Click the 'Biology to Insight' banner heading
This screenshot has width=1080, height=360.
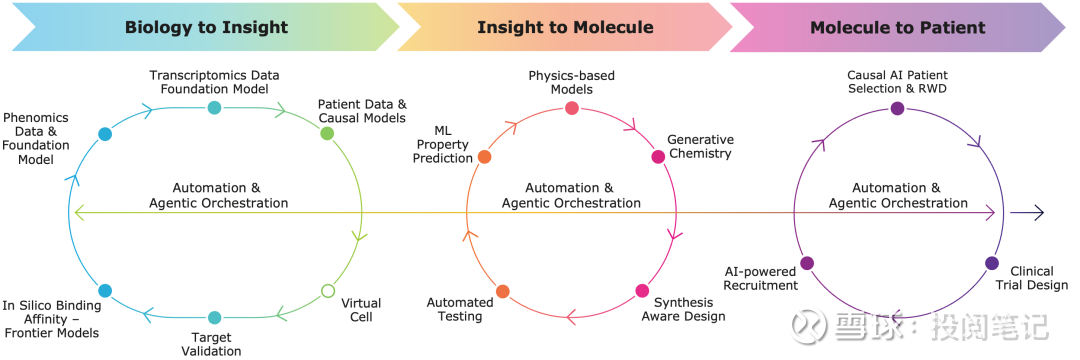click(x=207, y=28)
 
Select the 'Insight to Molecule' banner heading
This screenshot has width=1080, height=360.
click(x=565, y=28)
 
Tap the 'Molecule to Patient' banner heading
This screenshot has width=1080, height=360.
click(x=897, y=28)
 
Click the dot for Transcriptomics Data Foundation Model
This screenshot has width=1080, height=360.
click(x=214, y=107)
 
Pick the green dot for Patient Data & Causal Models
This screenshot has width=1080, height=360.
click(x=327, y=134)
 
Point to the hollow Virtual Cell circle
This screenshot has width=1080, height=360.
click(x=328, y=291)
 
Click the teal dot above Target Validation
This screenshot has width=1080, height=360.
click(x=214, y=317)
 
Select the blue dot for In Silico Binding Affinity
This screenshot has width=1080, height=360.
click(x=105, y=290)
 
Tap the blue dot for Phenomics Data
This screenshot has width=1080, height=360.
click(x=105, y=134)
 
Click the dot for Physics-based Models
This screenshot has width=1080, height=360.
click(x=572, y=108)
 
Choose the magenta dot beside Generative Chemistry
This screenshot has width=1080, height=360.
click(x=658, y=157)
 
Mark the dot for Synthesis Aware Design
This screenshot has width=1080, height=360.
click(x=642, y=290)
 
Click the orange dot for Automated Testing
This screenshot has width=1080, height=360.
click(x=502, y=291)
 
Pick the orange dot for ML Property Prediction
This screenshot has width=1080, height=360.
click(x=484, y=157)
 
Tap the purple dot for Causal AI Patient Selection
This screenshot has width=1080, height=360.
click(x=897, y=108)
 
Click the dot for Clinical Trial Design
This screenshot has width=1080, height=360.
click(x=992, y=262)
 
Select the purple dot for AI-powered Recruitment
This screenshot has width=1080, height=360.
click(x=807, y=262)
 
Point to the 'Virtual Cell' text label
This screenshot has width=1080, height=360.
click(x=361, y=310)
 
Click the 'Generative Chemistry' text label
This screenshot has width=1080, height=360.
click(x=700, y=147)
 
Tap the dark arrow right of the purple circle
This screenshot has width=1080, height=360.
click(x=1028, y=213)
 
